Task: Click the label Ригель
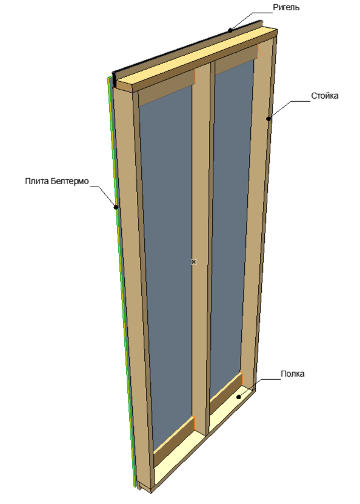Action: click(286, 7)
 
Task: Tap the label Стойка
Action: click(324, 96)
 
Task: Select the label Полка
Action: click(293, 374)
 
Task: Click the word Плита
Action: click(37, 181)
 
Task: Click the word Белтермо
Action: click(70, 181)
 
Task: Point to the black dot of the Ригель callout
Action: click(230, 30)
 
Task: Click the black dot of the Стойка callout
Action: click(268, 119)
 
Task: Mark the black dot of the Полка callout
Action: click(239, 397)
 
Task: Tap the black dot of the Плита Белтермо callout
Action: click(116, 207)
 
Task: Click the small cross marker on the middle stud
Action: click(193, 262)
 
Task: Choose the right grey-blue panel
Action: click(229, 225)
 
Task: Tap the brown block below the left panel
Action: click(174, 441)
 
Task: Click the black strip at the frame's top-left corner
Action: click(113, 80)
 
